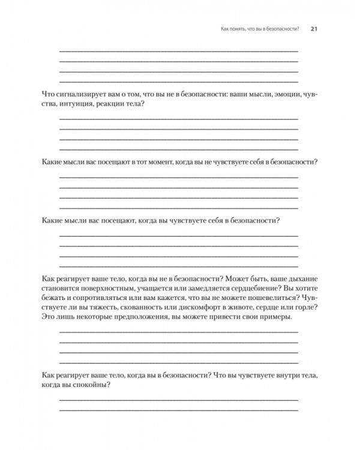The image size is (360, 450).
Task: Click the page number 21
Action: pyautogui.click(x=314, y=29)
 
